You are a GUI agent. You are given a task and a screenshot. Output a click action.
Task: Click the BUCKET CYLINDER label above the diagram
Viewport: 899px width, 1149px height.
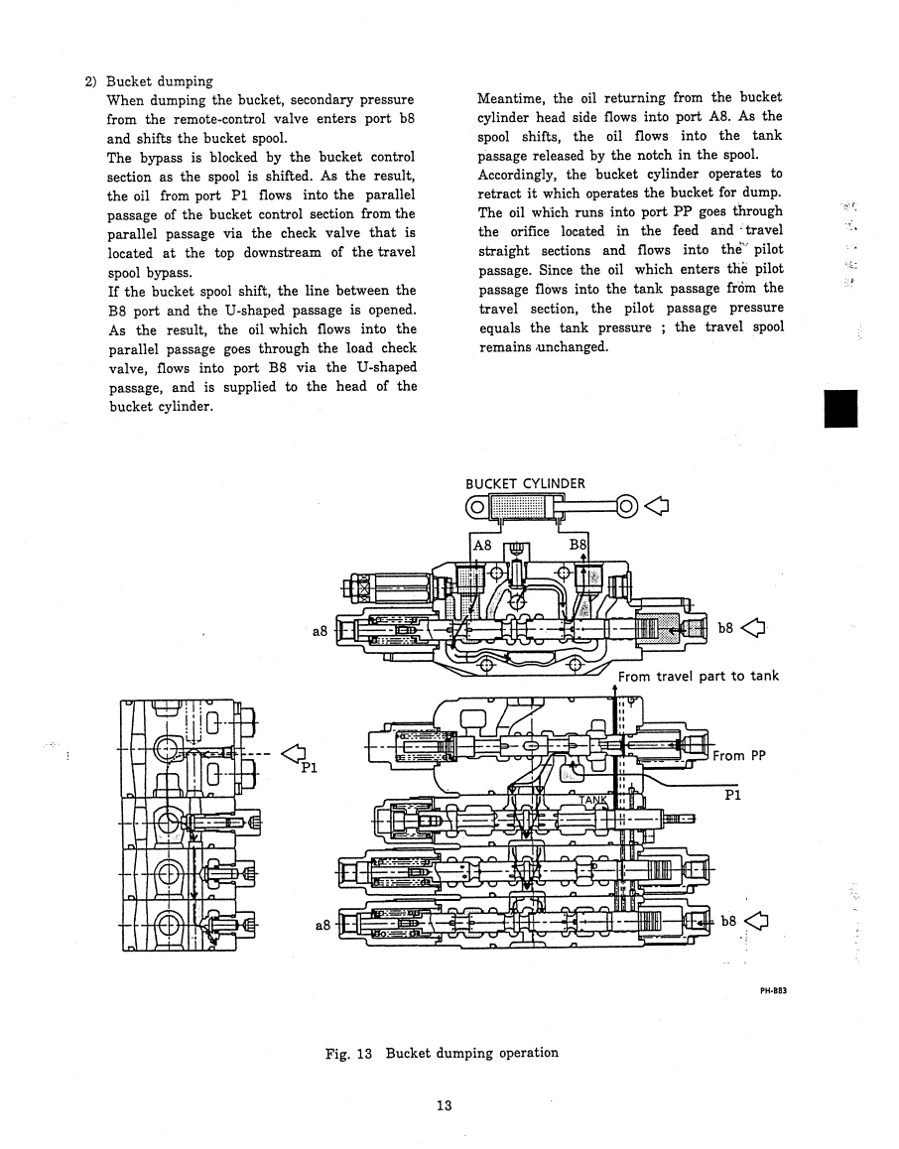(525, 483)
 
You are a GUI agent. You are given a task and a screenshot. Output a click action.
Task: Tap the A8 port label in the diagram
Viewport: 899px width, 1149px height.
(482, 545)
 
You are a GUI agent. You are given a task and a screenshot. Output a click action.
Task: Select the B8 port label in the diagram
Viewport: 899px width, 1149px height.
(578, 545)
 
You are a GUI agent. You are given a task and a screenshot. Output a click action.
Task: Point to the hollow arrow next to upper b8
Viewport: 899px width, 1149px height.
(753, 628)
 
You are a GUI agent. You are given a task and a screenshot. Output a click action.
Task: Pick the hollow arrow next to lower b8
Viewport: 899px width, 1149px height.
(757, 921)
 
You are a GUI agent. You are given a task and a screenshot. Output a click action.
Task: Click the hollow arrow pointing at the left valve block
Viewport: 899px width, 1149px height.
(295, 752)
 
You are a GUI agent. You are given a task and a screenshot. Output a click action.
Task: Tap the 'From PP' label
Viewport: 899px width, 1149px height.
(738, 755)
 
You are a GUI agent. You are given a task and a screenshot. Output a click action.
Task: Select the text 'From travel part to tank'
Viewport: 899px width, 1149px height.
(699, 677)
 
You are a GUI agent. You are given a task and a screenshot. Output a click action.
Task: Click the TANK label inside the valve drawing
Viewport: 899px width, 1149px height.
(593, 800)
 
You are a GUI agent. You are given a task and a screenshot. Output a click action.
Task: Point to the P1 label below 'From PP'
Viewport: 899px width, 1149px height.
(732, 795)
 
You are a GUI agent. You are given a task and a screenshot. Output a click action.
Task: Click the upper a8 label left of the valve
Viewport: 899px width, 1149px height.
(321, 630)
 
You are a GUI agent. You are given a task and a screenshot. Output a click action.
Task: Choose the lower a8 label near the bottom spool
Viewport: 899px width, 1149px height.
(322, 926)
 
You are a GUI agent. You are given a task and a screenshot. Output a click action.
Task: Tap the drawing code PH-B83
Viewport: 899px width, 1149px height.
(773, 990)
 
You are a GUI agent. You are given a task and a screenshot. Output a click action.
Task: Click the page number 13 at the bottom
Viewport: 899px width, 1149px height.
(444, 1105)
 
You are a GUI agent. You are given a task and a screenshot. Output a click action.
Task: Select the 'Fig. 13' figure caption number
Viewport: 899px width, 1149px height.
(348, 1054)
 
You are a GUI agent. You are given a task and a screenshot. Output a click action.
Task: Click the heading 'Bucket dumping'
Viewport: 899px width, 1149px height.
(160, 81)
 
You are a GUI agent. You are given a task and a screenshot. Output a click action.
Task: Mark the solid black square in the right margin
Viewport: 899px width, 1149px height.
(840, 409)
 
